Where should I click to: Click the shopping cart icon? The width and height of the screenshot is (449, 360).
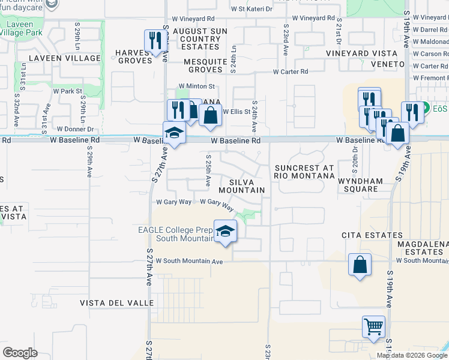[373, 328]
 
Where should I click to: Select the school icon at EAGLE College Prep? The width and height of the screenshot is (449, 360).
[224, 232]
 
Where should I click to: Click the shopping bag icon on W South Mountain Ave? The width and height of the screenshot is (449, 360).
[359, 265]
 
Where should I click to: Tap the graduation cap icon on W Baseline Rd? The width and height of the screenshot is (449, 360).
[174, 133]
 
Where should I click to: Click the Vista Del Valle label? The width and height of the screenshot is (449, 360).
[117, 303]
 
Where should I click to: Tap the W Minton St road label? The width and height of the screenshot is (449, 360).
[196, 86]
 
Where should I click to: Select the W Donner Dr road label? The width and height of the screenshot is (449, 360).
[75, 129]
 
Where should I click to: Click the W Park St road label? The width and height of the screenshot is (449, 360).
[67, 91]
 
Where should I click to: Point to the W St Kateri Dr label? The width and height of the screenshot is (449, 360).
[252, 10]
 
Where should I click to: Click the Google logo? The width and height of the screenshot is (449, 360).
[20, 353]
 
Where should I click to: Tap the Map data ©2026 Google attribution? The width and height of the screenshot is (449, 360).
[411, 355]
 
